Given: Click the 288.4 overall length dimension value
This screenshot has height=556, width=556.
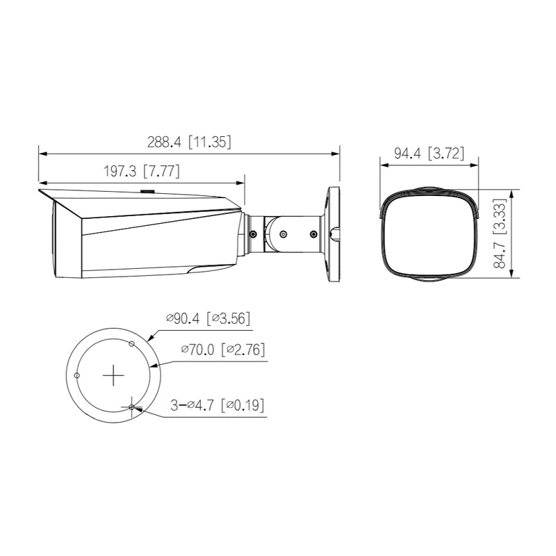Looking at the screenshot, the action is point(163,142).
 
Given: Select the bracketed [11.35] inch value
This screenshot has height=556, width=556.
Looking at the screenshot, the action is point(211,142).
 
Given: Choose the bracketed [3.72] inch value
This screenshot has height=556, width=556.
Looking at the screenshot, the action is point(445,154).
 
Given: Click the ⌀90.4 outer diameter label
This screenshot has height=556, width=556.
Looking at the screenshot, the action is point(183,319).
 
